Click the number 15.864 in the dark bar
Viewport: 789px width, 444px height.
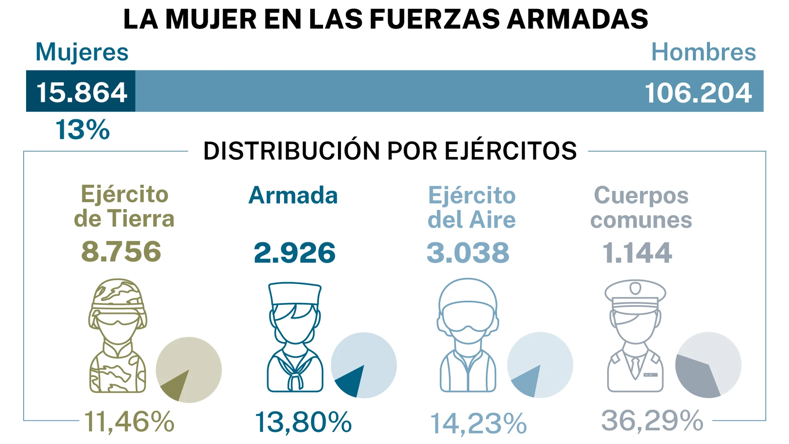(81, 92)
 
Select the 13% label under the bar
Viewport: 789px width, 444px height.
(82, 130)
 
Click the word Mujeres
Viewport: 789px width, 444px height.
(82, 52)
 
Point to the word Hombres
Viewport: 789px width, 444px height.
(703, 52)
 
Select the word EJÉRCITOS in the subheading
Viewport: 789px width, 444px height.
(510, 151)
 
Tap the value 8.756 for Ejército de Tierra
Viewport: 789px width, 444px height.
(121, 251)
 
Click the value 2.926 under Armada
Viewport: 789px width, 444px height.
(294, 253)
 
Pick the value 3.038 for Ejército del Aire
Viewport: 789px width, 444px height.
(468, 253)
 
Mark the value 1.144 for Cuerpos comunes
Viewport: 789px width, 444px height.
(637, 253)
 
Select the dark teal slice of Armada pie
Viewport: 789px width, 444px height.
(350, 380)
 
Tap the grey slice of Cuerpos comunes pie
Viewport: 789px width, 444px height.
(695, 375)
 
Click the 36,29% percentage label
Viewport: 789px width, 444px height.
(652, 420)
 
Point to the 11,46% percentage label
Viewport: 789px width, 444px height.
(129, 422)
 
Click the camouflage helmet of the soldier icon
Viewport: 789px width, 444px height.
(118, 293)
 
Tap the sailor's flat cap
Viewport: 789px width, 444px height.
(295, 293)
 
